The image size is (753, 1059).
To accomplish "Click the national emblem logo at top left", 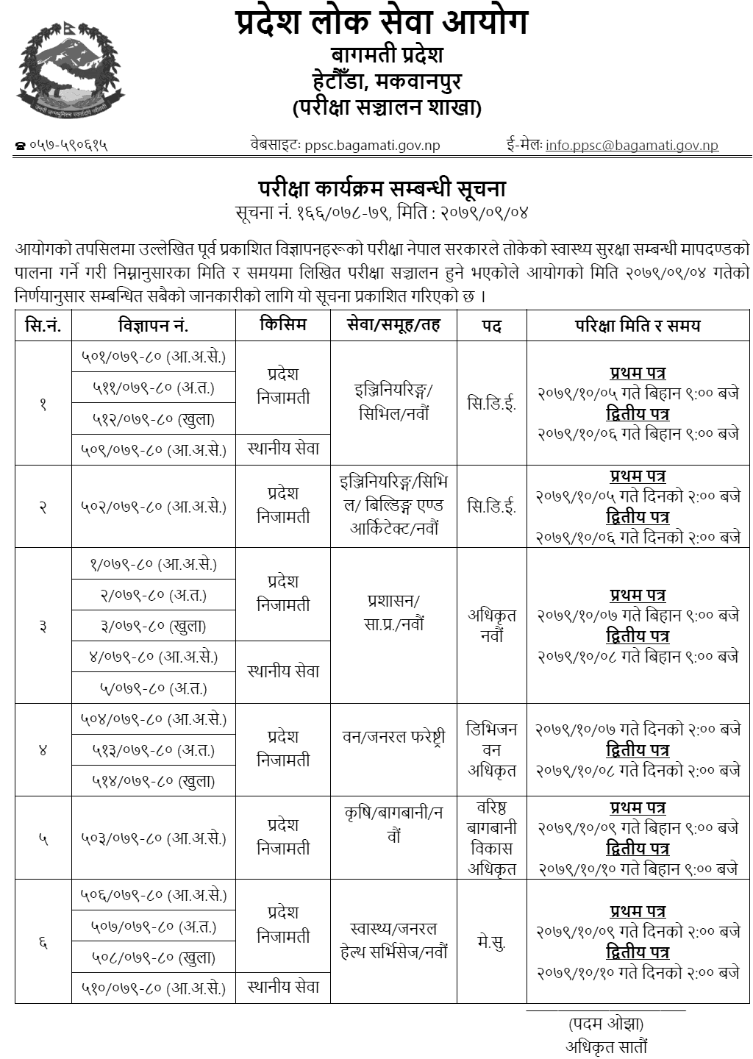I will (71, 71).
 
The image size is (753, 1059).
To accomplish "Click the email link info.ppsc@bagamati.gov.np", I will (632, 145).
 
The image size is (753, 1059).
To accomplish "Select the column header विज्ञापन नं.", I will (153, 325).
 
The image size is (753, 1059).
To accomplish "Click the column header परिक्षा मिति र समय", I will (638, 325).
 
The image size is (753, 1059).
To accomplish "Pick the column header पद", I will (491, 325).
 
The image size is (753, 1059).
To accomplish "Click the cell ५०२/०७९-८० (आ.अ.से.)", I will (153, 507).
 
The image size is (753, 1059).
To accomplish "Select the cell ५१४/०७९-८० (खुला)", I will (153, 781).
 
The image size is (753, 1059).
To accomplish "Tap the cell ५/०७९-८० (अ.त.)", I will (153, 688).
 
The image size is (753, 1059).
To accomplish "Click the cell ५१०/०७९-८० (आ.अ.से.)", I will (153, 988).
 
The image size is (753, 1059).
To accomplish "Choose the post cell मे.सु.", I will (491, 942).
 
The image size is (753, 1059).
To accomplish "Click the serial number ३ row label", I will (43, 626).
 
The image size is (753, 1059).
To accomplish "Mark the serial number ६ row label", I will (43, 942).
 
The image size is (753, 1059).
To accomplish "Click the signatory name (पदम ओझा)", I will (606, 1024).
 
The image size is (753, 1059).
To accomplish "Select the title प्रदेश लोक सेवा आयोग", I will (382, 24).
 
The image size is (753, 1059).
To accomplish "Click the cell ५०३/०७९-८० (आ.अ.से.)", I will (153, 838).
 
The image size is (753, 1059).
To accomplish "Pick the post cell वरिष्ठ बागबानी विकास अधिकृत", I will (491, 838).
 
